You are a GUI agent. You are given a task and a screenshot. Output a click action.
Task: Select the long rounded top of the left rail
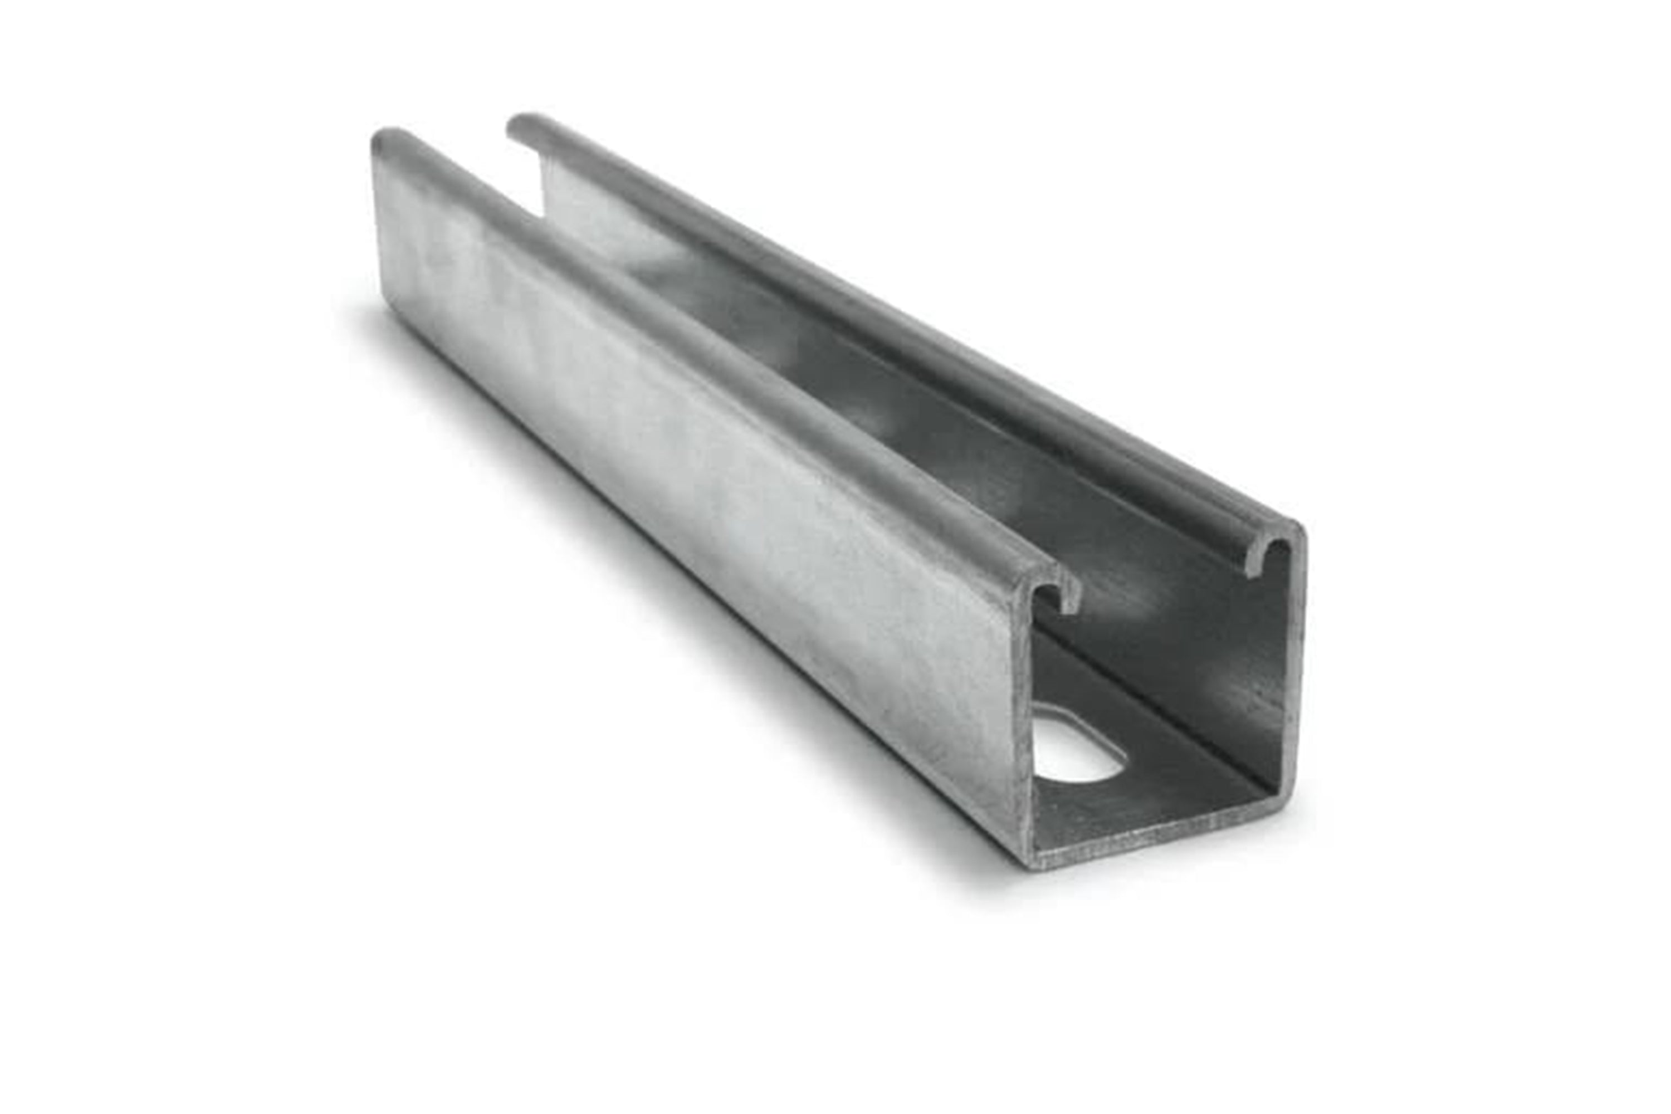tap(711, 355)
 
